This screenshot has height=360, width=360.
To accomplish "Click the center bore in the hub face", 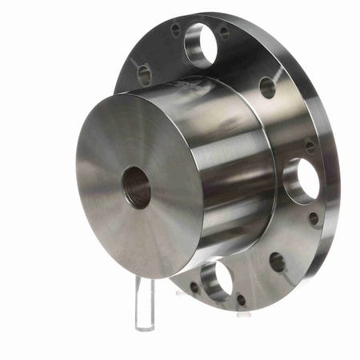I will tap(137, 186).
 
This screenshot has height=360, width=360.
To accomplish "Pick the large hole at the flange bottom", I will tap(216, 279).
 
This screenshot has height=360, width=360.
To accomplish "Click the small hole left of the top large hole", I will tap(175, 30).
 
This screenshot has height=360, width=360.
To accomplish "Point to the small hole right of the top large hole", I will tap(224, 33).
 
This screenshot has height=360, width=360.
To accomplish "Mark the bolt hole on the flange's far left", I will tap(144, 75).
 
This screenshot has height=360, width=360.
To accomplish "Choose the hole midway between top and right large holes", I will tap(267, 87).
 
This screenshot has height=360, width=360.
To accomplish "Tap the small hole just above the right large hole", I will tap(310, 146).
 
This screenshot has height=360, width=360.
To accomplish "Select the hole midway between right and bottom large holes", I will tap(278, 262).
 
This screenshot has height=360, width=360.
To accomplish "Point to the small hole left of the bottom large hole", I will tap(194, 286).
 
